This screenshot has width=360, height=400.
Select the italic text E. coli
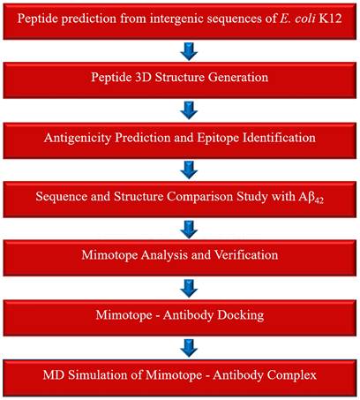(296, 19)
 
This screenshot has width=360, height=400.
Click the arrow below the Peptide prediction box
(189, 51)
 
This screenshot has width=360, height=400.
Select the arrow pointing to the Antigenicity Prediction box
(189, 110)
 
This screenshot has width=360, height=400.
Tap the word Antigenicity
(78, 138)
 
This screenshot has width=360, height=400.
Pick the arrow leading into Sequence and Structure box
(189, 170)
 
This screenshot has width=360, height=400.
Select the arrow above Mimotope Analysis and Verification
(189, 230)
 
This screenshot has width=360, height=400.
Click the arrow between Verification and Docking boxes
(189, 289)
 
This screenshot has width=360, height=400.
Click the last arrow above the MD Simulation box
(189, 348)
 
